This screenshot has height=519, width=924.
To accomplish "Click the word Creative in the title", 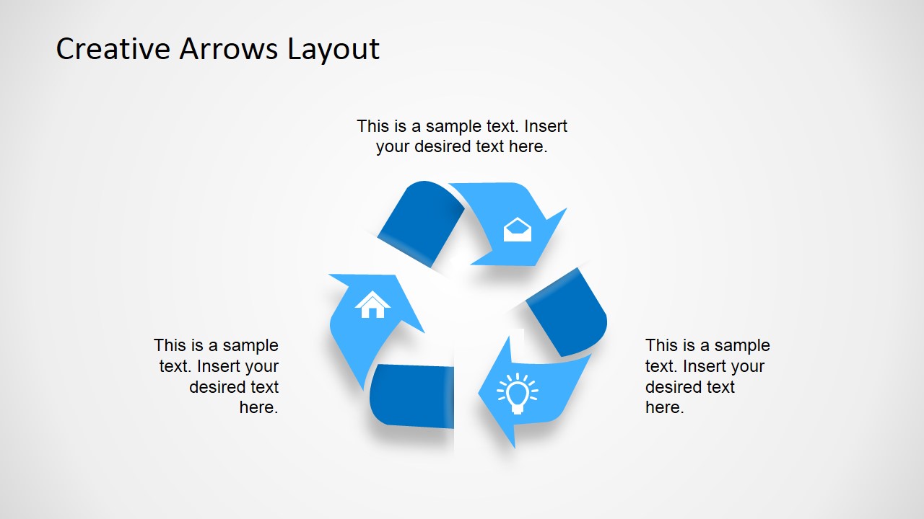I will pyautogui.click(x=113, y=49).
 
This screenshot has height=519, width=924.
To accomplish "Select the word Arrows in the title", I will pyautogui.click(x=229, y=49).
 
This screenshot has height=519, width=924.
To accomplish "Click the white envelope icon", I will pyautogui.click(x=517, y=230).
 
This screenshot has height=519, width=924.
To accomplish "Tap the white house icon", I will pyautogui.click(x=372, y=304).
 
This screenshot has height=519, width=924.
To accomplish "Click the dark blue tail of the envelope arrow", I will pyautogui.click(x=421, y=222).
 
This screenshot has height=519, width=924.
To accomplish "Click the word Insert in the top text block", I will pyautogui.click(x=545, y=126).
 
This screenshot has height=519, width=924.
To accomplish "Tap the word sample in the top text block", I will pyautogui.click(x=453, y=126).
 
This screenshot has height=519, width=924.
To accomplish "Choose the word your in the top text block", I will pyautogui.click(x=393, y=146).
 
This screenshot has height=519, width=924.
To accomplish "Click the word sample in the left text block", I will pyautogui.click(x=248, y=345).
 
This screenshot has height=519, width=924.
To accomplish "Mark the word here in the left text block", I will pyautogui.click(x=258, y=407).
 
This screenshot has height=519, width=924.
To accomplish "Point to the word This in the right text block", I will pyautogui.click(x=661, y=345).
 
